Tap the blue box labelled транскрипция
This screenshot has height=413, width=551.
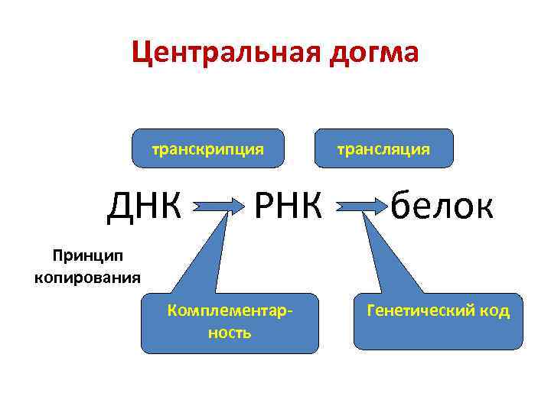point(208,148)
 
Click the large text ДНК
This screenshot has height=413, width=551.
point(145,205)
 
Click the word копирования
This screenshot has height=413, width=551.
point(87,277)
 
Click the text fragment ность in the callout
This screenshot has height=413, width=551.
point(230,333)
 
